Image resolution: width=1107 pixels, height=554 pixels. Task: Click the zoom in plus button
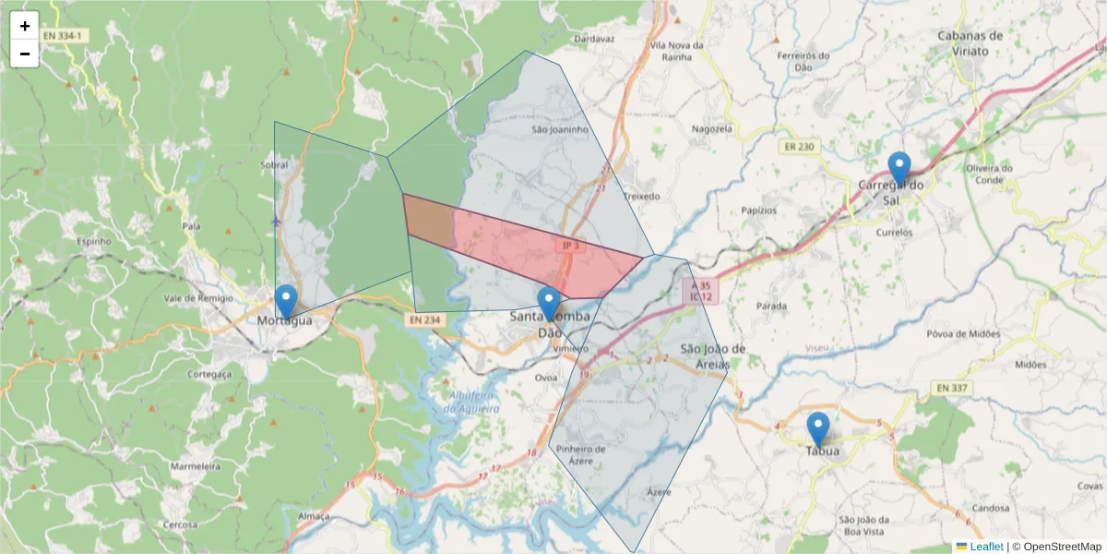24,26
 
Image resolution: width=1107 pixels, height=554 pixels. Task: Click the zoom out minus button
24,54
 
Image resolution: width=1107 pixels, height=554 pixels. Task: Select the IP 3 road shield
571,246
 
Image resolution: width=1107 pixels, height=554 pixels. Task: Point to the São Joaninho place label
560,130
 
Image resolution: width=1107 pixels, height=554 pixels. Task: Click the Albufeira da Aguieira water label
473,402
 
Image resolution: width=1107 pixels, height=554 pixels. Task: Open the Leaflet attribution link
985,547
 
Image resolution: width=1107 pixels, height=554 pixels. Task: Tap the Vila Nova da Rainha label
677,50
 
